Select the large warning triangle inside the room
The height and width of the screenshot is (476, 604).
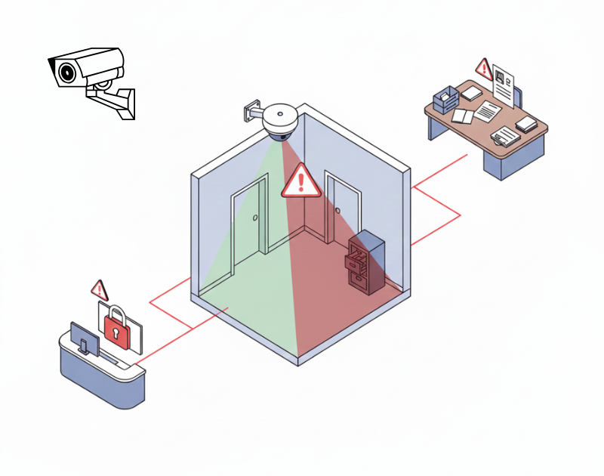pyautogui.click(x=301, y=181)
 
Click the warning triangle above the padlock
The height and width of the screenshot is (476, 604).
pyautogui.click(x=99, y=289)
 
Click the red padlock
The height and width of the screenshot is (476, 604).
pyautogui.click(x=116, y=327)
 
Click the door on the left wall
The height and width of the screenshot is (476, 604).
pyautogui.click(x=249, y=223)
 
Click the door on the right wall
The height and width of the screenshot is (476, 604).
pyautogui.click(x=342, y=212)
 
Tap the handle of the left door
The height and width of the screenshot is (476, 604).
pyautogui.click(x=255, y=219)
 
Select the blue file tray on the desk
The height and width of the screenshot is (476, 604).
pyautogui.click(x=445, y=99)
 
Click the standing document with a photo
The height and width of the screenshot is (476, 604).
pyautogui.click(x=505, y=83)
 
